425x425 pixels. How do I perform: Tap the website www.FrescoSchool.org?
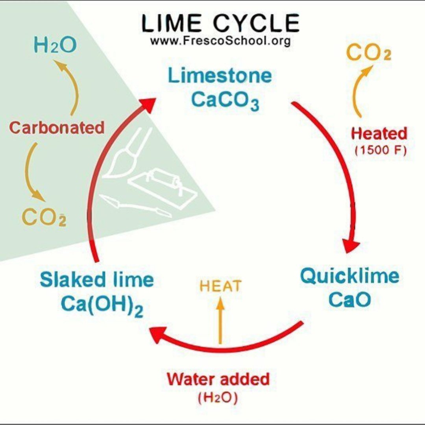click(x=220, y=41)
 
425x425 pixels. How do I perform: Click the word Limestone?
click(x=220, y=76)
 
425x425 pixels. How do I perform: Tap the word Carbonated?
click(x=57, y=128)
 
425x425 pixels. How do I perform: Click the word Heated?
click(x=379, y=134)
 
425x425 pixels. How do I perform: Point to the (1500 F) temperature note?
click(x=380, y=151)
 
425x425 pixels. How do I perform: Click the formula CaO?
click(x=349, y=300)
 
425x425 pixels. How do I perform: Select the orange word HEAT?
click(x=220, y=286)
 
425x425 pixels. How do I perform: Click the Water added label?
click(x=218, y=379)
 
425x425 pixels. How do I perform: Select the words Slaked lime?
click(x=97, y=280)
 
